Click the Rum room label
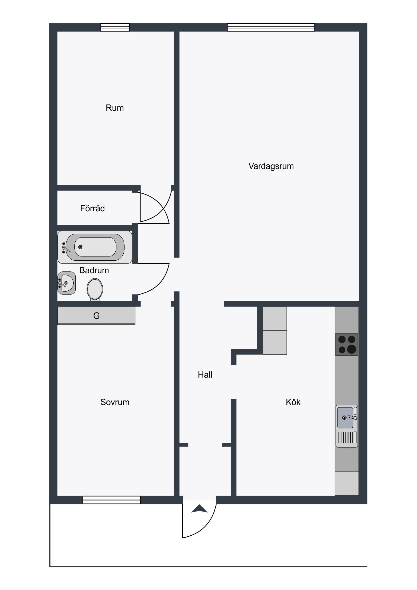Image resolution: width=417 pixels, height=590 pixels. click(115, 108)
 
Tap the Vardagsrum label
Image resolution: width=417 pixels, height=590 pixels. click(271, 166)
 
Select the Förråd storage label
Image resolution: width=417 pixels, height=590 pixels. click(93, 208)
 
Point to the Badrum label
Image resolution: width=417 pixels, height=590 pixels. click(94, 270)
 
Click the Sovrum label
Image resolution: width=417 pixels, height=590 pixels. click(115, 402)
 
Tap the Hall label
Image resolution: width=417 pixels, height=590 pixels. click(205, 375)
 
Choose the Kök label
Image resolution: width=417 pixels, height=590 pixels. click(293, 402)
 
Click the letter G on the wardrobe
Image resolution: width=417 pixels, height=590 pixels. click(96, 316)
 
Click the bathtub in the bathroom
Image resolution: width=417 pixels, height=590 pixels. click(95, 247)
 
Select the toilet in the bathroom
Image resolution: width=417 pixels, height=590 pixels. click(95, 290)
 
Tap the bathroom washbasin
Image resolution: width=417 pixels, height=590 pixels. click(66, 283)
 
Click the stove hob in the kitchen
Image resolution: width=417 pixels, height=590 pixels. click(346, 345)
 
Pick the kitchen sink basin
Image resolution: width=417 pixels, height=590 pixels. click(345, 418)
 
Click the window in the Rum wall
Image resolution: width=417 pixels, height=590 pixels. click(115, 27)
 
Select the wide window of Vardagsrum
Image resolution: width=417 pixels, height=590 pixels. click(271, 27)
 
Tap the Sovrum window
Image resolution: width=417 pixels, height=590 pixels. click(112, 500)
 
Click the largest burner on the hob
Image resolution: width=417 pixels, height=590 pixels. click(352, 349)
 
